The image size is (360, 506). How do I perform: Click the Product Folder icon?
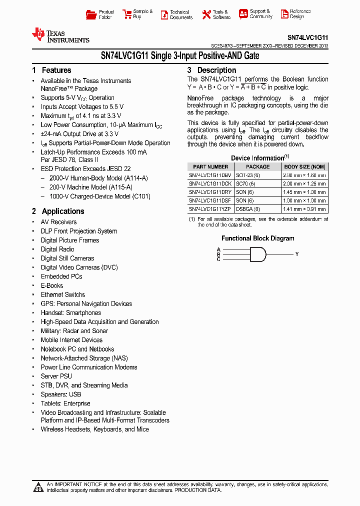[91, 14]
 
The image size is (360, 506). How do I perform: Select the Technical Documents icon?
[164, 15]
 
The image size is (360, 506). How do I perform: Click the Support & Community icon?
[243, 14]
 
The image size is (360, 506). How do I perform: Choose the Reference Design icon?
[284, 14]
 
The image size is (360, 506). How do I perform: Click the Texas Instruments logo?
[60, 35]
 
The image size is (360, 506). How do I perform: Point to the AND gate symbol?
[257, 254]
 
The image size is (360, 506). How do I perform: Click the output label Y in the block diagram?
[296, 254]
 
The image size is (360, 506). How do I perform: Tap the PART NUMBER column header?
[210, 167]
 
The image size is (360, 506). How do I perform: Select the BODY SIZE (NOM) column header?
[304, 167]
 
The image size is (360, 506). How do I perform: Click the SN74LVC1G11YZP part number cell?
[209, 208]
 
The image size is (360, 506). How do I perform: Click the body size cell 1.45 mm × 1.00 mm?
[304, 192]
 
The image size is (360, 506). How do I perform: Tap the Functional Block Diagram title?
[258, 238]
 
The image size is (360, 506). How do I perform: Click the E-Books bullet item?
[52, 285]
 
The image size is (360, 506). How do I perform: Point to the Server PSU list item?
[56, 376]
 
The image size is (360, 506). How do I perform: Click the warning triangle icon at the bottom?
[38, 487]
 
